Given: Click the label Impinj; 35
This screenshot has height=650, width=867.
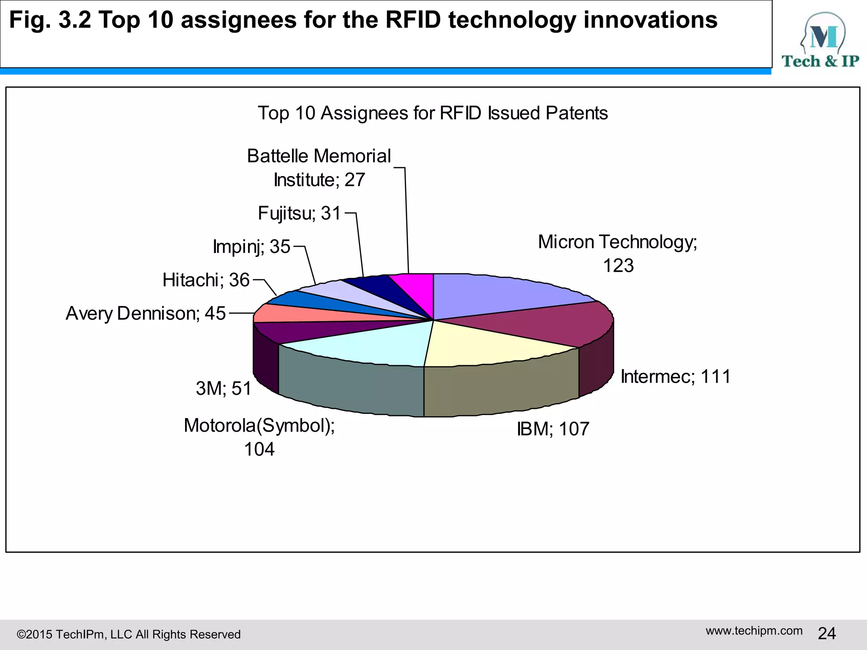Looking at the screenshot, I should point(251,246).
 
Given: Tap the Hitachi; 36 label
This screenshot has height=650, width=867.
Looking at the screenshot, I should point(206,280).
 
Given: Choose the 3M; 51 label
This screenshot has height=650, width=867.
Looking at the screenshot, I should point(224,388).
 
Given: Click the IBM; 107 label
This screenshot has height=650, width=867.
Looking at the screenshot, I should point(553,429).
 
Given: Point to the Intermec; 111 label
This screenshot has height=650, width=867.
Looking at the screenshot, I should point(676,377).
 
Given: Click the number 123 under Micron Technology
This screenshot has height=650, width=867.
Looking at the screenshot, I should point(618,266).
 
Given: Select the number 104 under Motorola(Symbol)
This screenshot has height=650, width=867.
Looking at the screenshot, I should point(259,449).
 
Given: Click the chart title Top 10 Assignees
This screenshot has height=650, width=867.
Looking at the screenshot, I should point(433,113).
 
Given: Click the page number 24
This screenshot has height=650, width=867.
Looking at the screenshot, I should point(827,633).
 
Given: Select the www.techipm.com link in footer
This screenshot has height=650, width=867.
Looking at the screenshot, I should point(754,631).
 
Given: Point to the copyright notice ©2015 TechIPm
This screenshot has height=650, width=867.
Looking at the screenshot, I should point(128,634).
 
